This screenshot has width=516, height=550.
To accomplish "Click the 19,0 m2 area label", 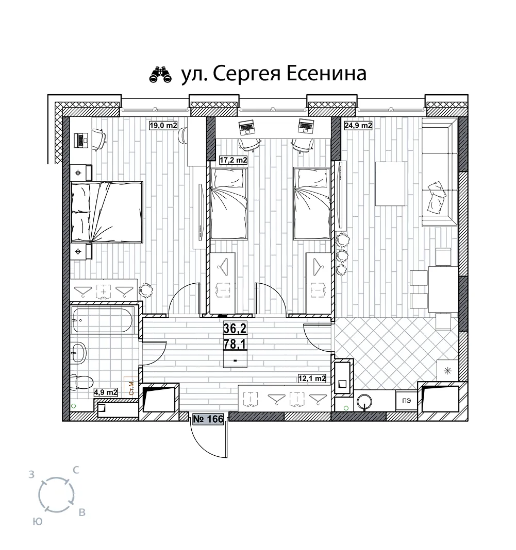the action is pyautogui.click(x=163, y=125).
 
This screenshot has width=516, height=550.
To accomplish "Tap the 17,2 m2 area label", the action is pyautogui.click(x=233, y=160).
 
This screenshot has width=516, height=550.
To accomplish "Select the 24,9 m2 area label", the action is pyautogui.click(x=358, y=125).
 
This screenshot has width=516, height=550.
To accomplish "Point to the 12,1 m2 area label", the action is pyautogui.click(x=312, y=379).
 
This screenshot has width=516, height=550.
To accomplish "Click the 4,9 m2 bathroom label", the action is pyautogui.click(x=106, y=392).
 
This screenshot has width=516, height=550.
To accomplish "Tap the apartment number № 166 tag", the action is pyautogui.click(x=208, y=419).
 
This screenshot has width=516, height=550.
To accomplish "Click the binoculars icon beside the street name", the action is pyautogui.click(x=161, y=74).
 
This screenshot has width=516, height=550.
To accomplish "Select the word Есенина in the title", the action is pyautogui.click(x=327, y=74).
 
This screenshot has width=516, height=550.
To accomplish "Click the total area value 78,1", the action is pyautogui.click(x=235, y=344).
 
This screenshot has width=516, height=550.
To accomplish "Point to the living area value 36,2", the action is pyautogui.click(x=235, y=329).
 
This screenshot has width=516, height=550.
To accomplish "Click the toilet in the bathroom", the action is pyautogui.click(x=81, y=382).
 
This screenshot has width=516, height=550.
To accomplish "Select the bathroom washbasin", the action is pyautogui.click(x=79, y=352).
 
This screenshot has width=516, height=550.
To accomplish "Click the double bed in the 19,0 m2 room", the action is pyautogui.click(x=107, y=212).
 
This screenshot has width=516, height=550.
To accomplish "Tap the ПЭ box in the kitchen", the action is pyautogui.click(x=407, y=401).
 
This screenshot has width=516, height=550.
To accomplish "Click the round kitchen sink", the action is pyautogui.click(x=365, y=402).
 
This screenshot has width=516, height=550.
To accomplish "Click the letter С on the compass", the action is pyautogui.click(x=75, y=470).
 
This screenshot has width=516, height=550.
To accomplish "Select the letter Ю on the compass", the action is pyautogui.click(x=38, y=522).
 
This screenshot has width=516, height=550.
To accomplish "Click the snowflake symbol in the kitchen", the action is pyautogui.click(x=447, y=371).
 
